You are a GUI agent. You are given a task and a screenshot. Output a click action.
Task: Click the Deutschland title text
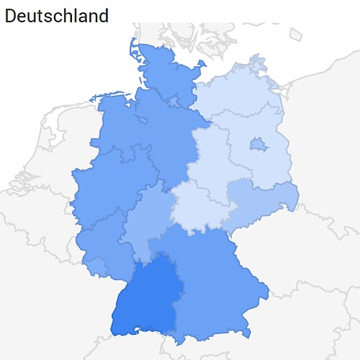(x=57, y=15)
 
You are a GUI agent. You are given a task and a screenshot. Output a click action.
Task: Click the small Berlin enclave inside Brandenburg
(x=258, y=146)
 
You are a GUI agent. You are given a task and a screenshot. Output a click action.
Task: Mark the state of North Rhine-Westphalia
(x=108, y=187)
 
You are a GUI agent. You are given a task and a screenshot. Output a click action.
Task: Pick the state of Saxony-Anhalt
(x=212, y=155)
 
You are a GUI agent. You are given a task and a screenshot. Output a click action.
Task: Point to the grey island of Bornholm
(x=296, y=34)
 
